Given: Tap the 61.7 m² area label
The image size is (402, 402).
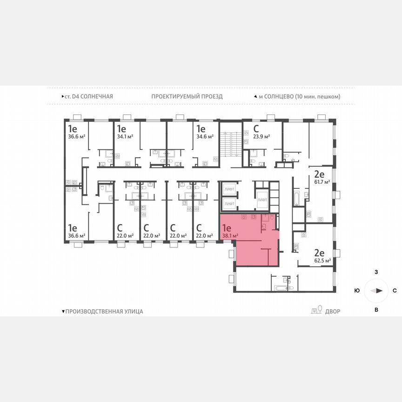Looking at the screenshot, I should (x=322, y=182).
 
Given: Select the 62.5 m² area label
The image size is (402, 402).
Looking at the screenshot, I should (x=322, y=261).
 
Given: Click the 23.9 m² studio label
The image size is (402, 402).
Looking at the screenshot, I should (x=261, y=136).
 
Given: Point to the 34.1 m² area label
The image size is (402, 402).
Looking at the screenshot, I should (x=125, y=136).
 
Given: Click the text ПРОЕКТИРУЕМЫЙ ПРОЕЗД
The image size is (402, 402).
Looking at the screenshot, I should (x=187, y=96).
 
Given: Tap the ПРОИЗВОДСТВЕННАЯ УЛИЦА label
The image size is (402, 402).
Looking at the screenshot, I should (x=104, y=311).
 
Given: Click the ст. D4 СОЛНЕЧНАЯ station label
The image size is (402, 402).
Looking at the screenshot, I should (x=88, y=96).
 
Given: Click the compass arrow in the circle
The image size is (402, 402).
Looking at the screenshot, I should (x=376, y=291).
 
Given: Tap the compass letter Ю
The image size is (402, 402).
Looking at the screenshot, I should (x=357, y=291).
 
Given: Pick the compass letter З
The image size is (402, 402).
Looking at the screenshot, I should (x=376, y=271).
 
